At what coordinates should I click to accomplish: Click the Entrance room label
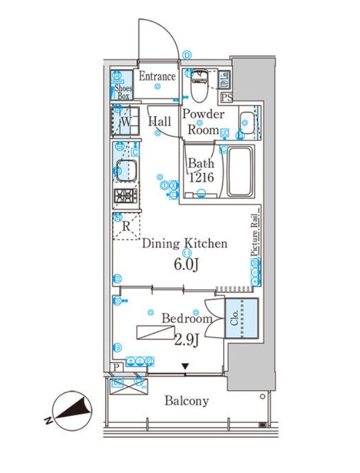pyautogui.click(x=157, y=77)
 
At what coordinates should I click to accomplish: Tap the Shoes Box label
pyautogui.click(x=123, y=92)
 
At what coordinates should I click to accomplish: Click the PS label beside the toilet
pyautogui.click(x=227, y=97)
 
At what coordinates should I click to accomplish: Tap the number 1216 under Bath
pyautogui.click(x=201, y=178)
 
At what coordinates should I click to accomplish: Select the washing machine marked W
pyautogui.click(x=124, y=121)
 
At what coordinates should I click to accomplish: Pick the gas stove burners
pyautogui.click(x=124, y=196)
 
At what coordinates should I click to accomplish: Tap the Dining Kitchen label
pyautogui.click(x=185, y=243)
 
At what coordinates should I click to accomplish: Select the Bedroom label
pyautogui.click(x=186, y=318)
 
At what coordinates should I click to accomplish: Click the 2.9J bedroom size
pyautogui.click(x=186, y=340)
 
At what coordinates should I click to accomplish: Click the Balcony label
pyautogui.click(x=186, y=401)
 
